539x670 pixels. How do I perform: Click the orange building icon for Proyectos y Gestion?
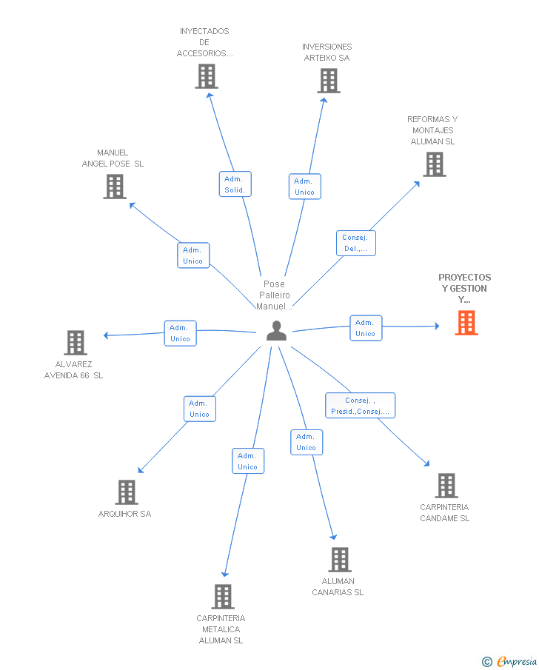[466, 323]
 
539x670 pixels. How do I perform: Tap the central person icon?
[276, 331]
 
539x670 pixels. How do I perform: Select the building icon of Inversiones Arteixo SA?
[329, 81]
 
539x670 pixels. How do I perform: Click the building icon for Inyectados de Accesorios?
[207, 76]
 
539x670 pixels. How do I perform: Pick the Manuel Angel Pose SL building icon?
[115, 187]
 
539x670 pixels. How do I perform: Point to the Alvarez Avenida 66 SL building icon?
[76, 343]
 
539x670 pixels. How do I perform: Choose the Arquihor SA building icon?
[127, 492]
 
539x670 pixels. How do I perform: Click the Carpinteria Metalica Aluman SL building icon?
[223, 597]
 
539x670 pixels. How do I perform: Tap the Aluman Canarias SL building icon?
[340, 560]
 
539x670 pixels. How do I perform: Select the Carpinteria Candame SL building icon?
[446, 486]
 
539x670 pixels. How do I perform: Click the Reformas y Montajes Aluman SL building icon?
[435, 164]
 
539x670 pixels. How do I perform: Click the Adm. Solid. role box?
[235, 184]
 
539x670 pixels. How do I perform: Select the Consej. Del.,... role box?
[355, 244]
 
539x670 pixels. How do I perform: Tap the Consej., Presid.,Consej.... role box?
[360, 406]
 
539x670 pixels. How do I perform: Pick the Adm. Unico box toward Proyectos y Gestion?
[366, 328]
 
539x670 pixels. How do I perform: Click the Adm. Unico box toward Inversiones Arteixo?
[304, 187]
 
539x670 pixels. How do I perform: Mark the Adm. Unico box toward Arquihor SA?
[200, 409]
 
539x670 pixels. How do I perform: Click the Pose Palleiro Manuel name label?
[275, 295]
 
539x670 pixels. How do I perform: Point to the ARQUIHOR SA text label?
[124, 514]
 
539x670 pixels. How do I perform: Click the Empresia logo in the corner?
[510, 661]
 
